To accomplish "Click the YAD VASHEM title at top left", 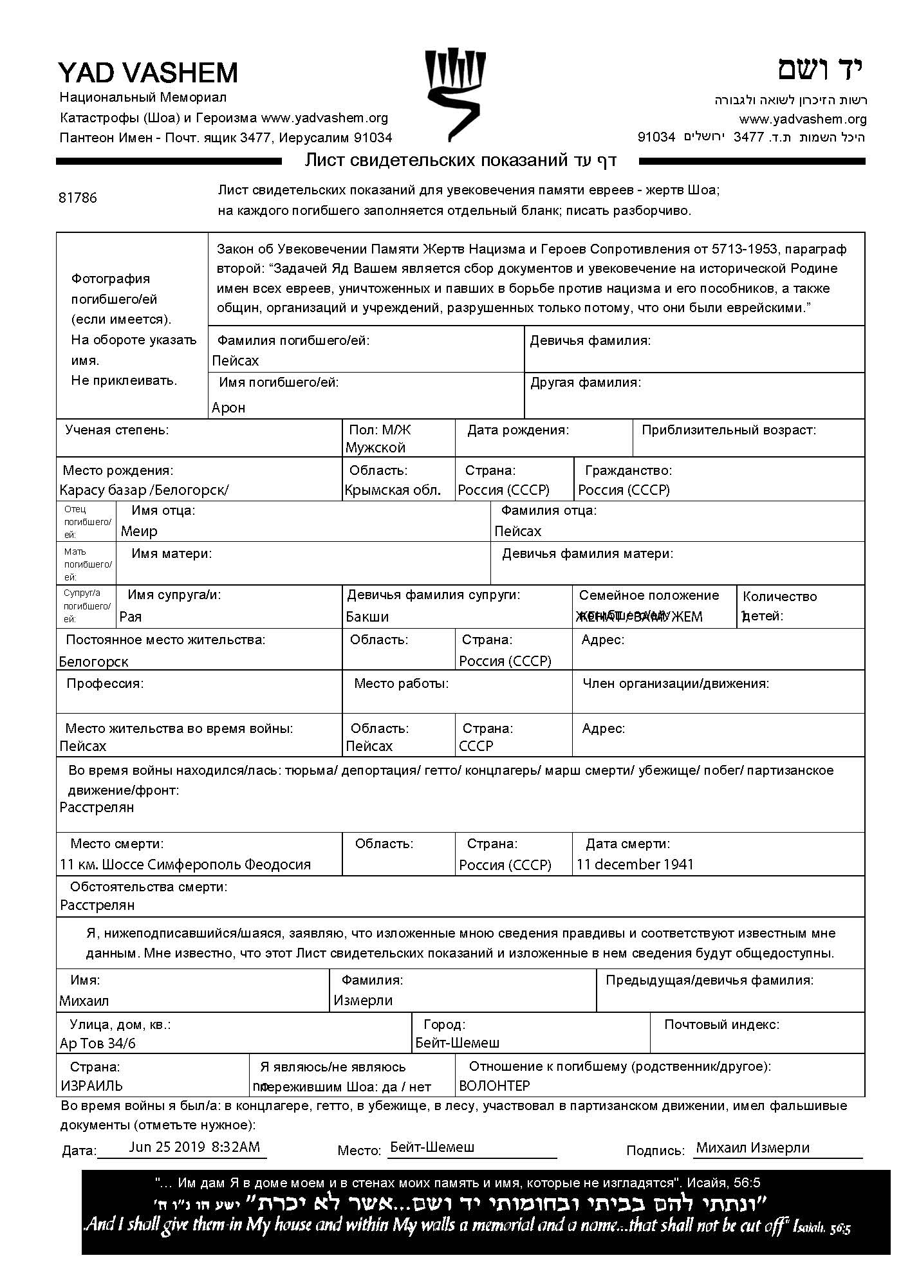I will point(148,73).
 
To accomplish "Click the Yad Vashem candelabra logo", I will point(454,94).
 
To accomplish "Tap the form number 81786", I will point(78,198).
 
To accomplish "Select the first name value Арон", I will point(228,408).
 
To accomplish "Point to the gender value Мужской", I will point(375,448).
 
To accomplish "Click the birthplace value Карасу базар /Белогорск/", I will point(144,490).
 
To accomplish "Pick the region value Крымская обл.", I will point(393,490).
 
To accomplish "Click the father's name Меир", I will point(139,532).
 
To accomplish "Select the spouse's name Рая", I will point(131,617).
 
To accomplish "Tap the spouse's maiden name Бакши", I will point(367,617).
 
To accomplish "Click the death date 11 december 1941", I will point(635,864).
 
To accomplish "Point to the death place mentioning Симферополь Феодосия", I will point(185,865).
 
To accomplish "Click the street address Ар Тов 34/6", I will point(98,1044).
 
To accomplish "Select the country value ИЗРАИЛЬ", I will point(91,1086).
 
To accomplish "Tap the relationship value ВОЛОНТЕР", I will point(494,1086).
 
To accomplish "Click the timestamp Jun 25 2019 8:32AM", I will point(194,1147).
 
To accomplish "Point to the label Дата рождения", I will point(518,430).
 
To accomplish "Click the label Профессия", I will point(105,683).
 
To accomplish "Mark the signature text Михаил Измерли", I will point(753,1148).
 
